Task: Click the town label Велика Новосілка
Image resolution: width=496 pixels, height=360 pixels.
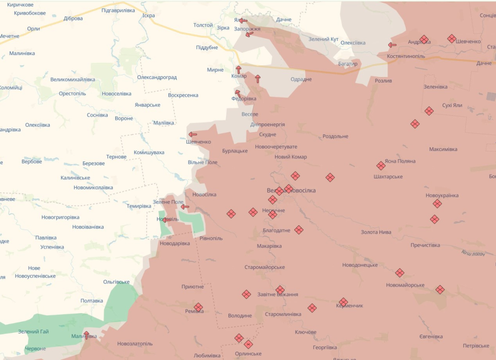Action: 291,190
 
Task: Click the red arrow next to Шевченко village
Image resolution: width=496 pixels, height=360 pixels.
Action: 193,134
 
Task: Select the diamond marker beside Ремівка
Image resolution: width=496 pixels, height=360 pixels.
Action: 198,307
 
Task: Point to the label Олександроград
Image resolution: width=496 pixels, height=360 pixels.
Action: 157,77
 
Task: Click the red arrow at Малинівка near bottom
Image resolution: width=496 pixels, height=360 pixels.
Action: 86,335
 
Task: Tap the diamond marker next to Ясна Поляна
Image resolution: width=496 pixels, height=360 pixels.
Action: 381,166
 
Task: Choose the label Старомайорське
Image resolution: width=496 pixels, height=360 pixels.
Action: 264,267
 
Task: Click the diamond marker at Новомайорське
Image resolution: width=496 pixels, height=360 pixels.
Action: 400,273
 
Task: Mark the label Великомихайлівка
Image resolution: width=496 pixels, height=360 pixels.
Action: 73,79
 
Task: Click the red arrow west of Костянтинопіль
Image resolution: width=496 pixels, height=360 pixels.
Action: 392,45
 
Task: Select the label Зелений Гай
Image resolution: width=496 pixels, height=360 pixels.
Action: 33,332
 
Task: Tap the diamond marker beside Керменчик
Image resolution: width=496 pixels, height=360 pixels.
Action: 343,302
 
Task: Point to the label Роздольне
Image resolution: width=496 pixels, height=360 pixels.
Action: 335,136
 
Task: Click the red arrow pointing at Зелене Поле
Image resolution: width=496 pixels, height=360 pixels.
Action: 185,207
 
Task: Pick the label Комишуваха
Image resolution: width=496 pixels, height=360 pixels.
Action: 149,152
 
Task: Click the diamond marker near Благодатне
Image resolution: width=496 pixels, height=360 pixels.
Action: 299,230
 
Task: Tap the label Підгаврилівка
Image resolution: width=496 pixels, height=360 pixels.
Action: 118,10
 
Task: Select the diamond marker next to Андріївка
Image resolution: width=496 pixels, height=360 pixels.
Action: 424,40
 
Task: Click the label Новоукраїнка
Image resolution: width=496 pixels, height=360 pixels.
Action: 442,195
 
